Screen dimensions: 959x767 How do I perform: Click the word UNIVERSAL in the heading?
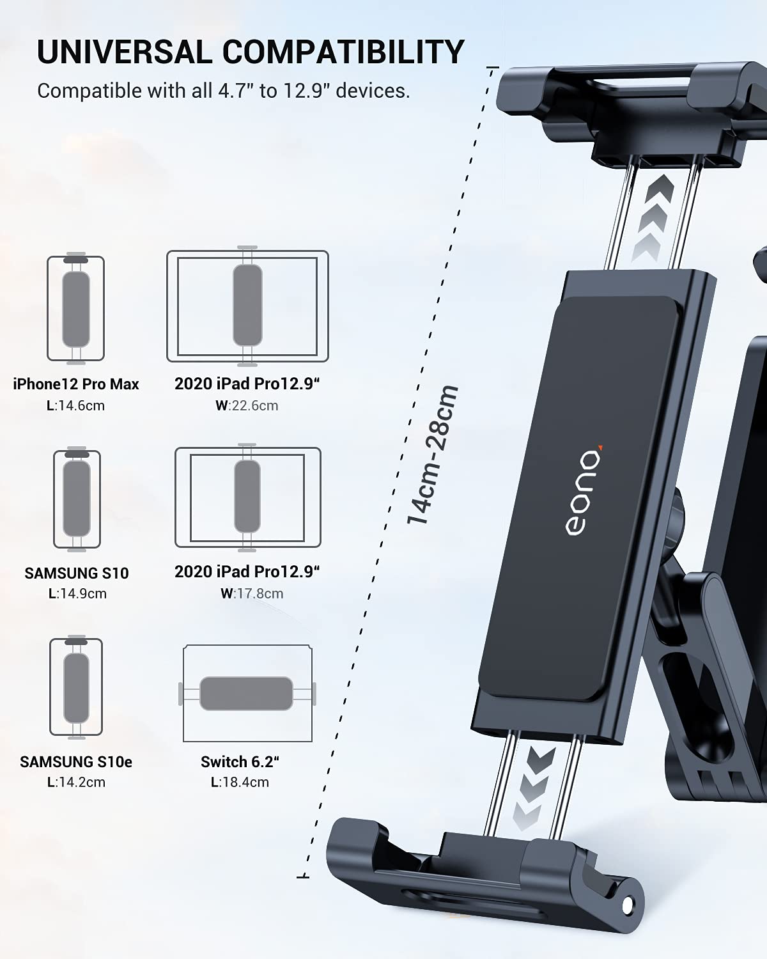point(124,52)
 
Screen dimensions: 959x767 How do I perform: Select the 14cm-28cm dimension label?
point(433,455)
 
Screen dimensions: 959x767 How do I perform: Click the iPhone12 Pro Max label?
point(76,384)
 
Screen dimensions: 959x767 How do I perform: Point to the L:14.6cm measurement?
point(76,405)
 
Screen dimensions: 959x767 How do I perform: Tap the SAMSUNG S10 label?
point(77,573)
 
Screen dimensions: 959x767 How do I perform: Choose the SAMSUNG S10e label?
point(76,762)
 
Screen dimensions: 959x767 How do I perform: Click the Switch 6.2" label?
point(240,762)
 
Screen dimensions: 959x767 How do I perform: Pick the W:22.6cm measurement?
point(247,405)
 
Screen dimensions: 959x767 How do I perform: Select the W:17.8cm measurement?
point(252,593)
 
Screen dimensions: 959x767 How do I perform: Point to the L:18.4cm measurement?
point(240,782)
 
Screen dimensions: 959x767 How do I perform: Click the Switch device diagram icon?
point(247,694)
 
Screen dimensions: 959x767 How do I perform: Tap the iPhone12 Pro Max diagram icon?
point(75,309)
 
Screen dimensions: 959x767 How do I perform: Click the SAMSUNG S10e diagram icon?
point(76,687)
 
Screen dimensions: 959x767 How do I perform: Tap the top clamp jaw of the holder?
point(630,105)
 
